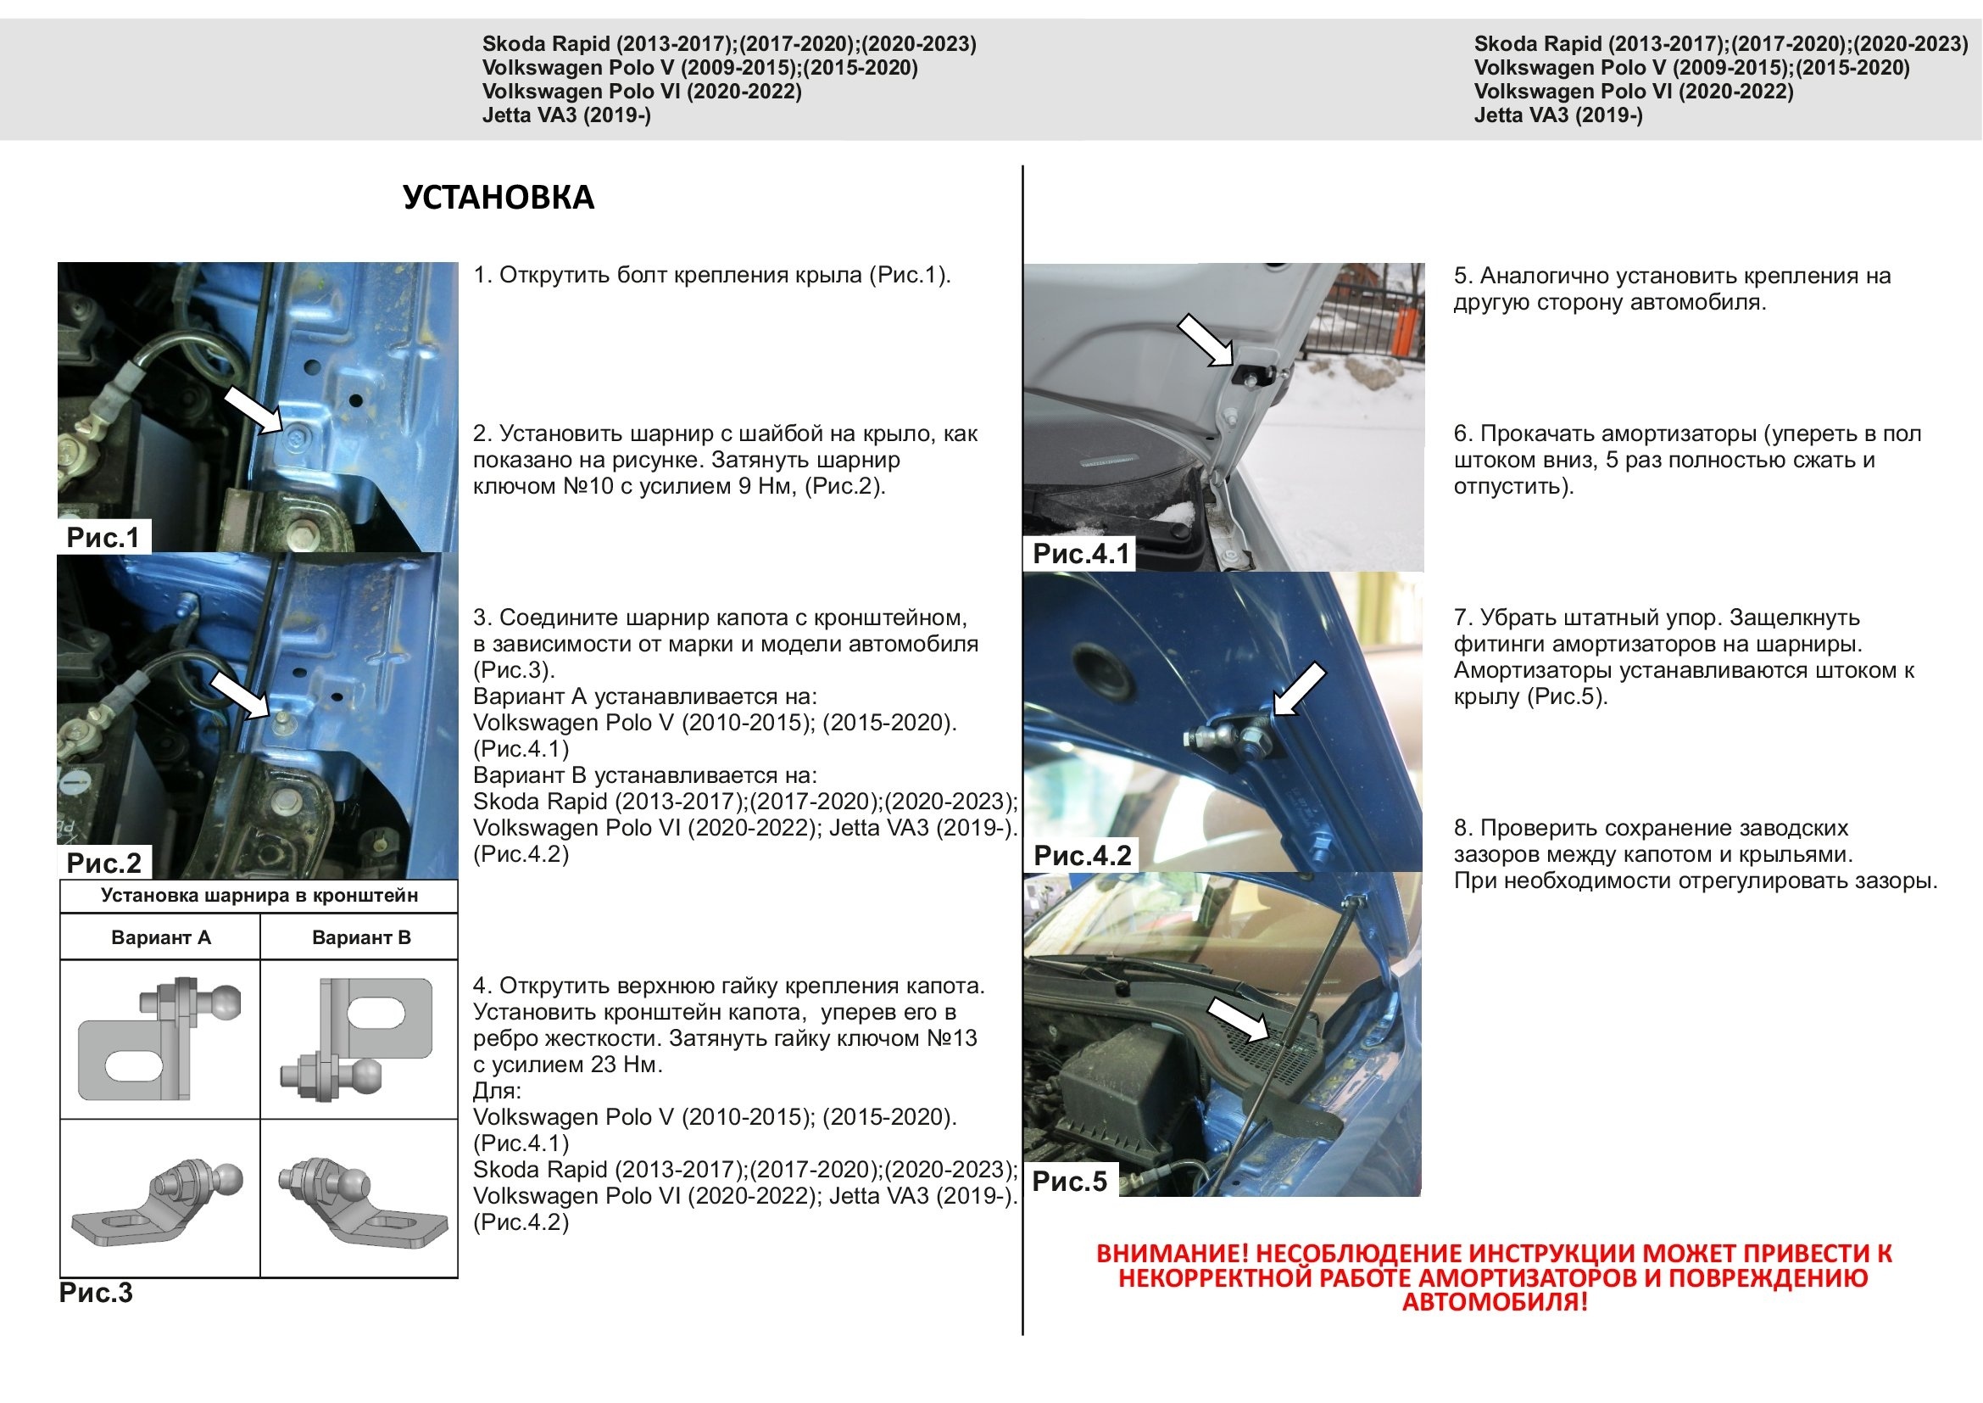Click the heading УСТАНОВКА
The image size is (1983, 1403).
pyautogui.click(x=499, y=198)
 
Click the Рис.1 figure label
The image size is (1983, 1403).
pyautogui.click(x=103, y=537)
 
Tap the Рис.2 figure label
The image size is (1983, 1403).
pyautogui.click(x=103, y=862)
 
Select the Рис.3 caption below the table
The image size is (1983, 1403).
pyautogui.click(x=96, y=1293)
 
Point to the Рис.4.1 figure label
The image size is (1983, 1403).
pyautogui.click(x=1081, y=554)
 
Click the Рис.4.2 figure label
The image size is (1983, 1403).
pyautogui.click(x=1082, y=855)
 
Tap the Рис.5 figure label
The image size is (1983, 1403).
pyautogui.click(x=1069, y=1181)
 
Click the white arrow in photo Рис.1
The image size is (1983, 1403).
pyautogui.click(x=252, y=410)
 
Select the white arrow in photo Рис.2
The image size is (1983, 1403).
pyautogui.click(x=240, y=695)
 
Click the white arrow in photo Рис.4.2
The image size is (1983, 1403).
pyautogui.click(x=1301, y=689)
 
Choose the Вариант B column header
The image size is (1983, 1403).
pyautogui.click(x=361, y=937)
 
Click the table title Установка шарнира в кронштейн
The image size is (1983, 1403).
pyautogui.click(x=259, y=895)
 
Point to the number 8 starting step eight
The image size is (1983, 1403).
pyautogui.click(x=1461, y=828)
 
